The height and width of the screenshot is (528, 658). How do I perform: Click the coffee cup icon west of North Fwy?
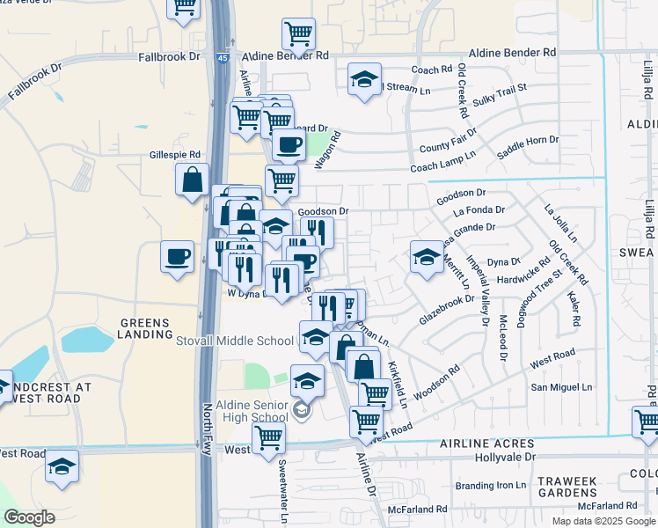[178, 257]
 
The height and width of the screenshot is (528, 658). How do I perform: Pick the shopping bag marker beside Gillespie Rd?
[192, 180]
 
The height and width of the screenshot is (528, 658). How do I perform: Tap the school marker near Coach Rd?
[364, 80]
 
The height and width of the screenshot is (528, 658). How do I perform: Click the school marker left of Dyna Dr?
[427, 257]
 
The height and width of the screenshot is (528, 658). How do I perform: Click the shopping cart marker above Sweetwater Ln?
[268, 436]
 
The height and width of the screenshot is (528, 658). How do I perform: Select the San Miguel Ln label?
[561, 387]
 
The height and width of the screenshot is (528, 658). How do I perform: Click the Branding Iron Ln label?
[490, 486]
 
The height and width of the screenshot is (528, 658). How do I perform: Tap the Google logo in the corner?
[29, 517]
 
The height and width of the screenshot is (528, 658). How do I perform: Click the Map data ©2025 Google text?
[603, 521]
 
